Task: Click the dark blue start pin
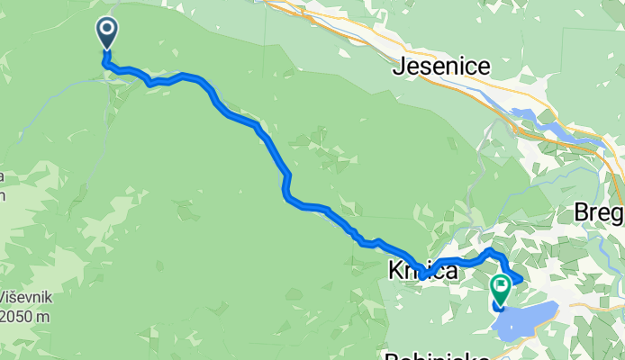pos(107,33)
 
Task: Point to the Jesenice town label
pos(441,67)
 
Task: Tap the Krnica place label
pos(422,270)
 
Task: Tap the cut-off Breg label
pos(600,213)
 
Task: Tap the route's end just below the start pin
pos(107,62)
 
